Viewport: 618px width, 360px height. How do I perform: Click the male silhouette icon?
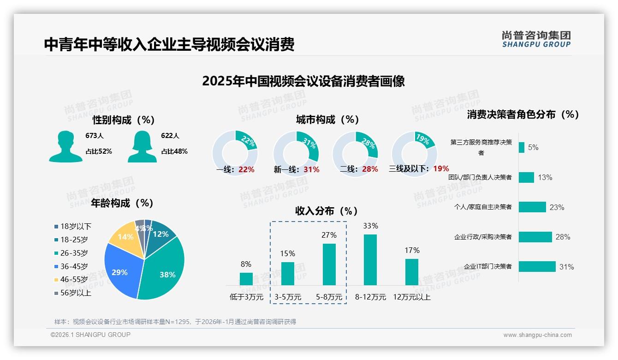65,146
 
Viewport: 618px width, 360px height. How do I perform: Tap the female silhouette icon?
142,146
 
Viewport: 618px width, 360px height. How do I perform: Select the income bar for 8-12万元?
370,260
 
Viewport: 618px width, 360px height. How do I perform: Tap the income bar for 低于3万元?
246,279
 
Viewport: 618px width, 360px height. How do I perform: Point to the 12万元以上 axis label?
411,297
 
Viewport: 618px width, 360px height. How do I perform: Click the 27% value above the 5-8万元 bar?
329,235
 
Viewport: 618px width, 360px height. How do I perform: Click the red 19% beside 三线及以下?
441,168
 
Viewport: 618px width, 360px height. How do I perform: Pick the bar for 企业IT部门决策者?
537,267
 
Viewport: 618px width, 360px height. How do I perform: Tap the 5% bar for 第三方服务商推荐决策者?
522,147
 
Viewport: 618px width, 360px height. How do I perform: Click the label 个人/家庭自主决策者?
483,207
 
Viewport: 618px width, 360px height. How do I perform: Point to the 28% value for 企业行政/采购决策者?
563,237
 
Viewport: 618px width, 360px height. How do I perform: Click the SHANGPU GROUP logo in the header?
536,39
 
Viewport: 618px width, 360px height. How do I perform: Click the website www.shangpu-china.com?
537,335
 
